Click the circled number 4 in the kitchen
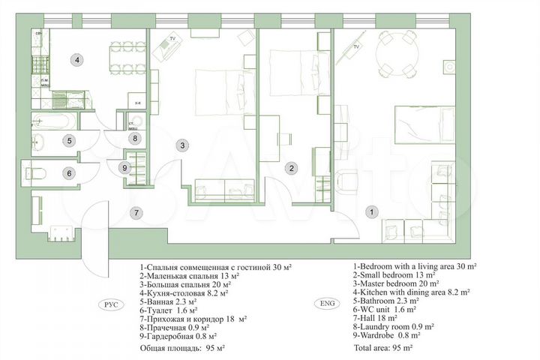[x=77, y=58]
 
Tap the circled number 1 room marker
[x=370, y=213]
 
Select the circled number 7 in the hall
[x=136, y=212]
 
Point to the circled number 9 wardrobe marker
[x=125, y=167]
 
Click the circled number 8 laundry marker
[x=135, y=138]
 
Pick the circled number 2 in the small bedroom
[x=294, y=169]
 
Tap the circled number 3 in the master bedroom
[x=181, y=145]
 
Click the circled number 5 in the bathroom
[x=67, y=139]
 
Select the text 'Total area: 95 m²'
[x=385, y=349]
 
